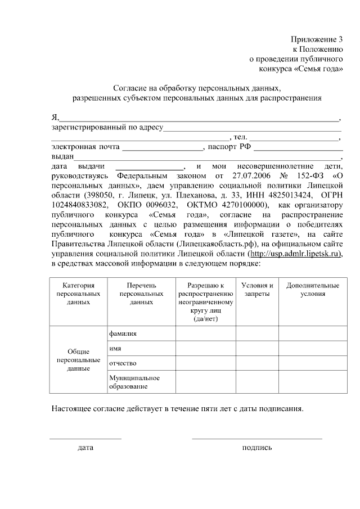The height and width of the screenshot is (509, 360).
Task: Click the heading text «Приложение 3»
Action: (317, 39)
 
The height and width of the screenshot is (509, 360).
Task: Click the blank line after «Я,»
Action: (199, 120)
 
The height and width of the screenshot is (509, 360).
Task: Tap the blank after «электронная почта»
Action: (163, 150)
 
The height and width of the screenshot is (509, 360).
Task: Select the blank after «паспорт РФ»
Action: (298, 150)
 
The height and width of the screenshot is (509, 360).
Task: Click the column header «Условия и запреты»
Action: (257, 290)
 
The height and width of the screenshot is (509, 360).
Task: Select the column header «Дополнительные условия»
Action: (312, 290)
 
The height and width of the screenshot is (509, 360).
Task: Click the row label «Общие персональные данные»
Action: (78, 359)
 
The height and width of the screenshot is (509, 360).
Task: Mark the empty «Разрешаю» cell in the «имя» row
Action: (205, 349)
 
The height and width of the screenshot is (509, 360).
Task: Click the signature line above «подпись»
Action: (257, 438)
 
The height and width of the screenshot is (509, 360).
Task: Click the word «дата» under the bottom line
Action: (85, 448)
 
